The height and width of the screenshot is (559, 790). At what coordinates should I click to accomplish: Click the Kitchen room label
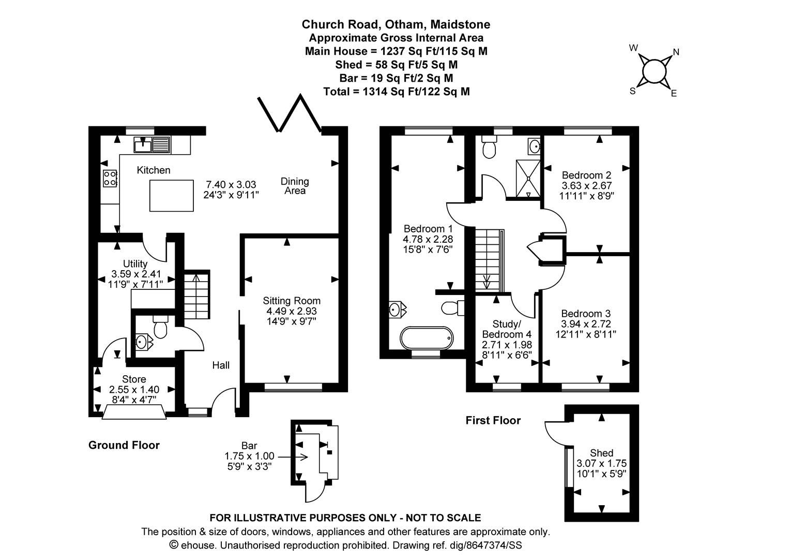154,170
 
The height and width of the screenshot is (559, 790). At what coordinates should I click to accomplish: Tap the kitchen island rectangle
172,196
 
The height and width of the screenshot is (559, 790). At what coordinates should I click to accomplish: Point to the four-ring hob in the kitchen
110,179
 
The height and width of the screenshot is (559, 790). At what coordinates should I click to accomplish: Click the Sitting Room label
292,301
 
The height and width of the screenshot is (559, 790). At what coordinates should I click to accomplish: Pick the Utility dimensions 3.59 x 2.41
136,274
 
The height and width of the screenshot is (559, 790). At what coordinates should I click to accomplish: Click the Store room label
134,379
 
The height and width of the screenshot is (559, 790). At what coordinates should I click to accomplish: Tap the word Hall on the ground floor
221,365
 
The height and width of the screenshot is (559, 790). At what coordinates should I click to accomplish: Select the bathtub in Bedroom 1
427,338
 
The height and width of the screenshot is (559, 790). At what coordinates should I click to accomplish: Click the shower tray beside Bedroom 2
528,179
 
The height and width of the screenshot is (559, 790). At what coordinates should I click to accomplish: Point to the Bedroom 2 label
586,175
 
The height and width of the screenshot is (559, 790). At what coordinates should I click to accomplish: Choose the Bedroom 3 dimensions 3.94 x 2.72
586,324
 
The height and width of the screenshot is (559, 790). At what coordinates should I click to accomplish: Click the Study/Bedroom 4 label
507,329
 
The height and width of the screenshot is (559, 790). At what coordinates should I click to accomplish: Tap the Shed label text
602,453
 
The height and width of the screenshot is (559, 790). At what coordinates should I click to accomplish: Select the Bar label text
249,446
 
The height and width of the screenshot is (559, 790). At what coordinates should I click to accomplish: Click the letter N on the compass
676,52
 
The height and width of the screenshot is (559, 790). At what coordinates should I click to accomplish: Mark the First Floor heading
493,420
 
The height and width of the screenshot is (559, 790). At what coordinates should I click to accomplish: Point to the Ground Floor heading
124,445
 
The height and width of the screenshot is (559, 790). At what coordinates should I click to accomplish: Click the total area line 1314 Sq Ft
397,92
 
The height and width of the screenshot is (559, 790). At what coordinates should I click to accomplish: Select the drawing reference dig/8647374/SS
485,545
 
